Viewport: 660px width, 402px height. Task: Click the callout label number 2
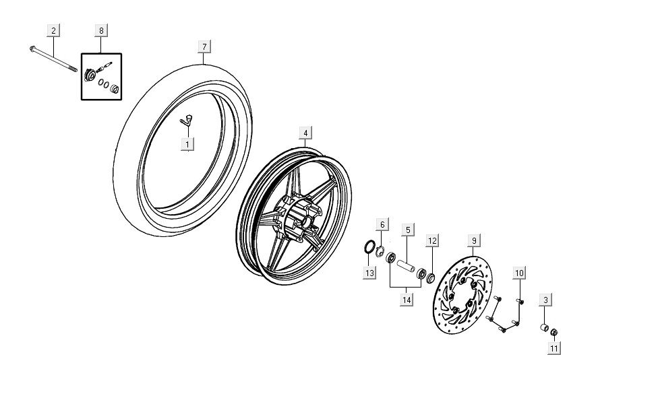pyautogui.click(x=53, y=30)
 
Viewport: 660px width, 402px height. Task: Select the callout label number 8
pyautogui.click(x=101, y=30)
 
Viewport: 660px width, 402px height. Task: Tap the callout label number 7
pyautogui.click(x=204, y=46)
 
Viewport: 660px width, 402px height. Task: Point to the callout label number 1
pyautogui.click(x=187, y=143)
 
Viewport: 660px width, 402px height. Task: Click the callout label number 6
pyautogui.click(x=382, y=224)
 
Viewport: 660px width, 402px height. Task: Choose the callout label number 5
pyautogui.click(x=408, y=230)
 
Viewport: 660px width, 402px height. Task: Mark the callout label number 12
pyautogui.click(x=432, y=240)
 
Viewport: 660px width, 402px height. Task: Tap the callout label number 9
pyautogui.click(x=473, y=240)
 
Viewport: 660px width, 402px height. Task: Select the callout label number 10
pyautogui.click(x=519, y=273)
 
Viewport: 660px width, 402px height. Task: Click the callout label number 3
pyautogui.click(x=545, y=300)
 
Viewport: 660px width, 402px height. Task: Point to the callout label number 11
pyautogui.click(x=553, y=348)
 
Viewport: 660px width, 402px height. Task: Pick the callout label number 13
pyautogui.click(x=369, y=273)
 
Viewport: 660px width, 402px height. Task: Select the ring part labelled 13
pyautogui.click(x=369, y=247)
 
